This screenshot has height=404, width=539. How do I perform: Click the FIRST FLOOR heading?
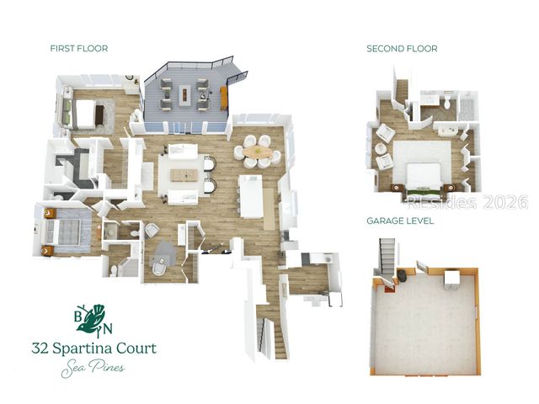coord(78,49)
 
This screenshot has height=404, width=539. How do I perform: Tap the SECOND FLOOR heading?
coord(402,49)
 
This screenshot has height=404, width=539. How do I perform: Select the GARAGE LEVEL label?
coord(400,221)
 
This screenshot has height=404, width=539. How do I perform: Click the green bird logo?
coord(95,318)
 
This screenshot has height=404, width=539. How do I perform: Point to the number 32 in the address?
coord(43,348)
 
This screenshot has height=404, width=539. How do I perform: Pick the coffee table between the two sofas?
coord(184,174)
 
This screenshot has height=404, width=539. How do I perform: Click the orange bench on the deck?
coord(224,98)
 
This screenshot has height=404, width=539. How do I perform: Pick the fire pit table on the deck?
coord(202,93)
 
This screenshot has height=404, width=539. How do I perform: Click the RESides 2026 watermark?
coord(467,202)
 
